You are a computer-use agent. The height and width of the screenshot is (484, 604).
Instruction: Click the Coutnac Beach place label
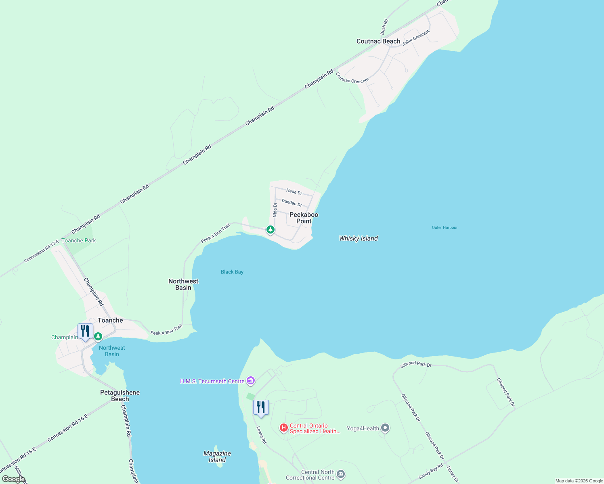[378, 41]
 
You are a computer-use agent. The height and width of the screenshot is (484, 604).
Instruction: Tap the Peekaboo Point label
[304, 218]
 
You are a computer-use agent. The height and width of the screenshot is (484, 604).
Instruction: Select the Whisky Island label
[359, 238]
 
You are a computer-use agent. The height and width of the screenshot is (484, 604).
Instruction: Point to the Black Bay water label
[232, 272]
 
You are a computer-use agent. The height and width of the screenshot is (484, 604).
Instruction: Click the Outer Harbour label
[445, 227]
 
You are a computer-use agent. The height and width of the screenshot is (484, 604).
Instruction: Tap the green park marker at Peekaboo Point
[271, 230]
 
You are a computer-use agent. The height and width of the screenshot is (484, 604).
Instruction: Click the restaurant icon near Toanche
[85, 332]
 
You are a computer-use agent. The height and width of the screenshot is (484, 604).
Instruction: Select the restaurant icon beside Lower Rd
[261, 408]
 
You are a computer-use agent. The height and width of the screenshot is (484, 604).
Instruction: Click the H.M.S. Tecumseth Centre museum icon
[251, 381]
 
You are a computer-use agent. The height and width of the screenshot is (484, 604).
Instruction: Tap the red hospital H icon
[284, 428]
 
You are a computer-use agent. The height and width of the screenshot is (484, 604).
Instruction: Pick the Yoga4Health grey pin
[385, 428]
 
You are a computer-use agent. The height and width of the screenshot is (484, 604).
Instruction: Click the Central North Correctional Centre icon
[341, 474]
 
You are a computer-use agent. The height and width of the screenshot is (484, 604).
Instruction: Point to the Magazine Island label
[217, 457]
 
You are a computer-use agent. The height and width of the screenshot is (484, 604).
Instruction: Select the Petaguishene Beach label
[120, 396]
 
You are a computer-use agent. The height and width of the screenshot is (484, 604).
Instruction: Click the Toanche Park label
[79, 240]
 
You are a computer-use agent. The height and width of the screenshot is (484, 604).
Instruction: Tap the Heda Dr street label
[294, 192]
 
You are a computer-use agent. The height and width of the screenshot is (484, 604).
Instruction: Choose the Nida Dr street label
[275, 210]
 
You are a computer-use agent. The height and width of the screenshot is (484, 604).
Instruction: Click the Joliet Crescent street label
[416, 38]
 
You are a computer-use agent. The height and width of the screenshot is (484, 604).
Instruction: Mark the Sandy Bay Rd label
[430, 471]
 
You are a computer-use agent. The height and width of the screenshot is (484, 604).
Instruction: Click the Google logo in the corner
[13, 479]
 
